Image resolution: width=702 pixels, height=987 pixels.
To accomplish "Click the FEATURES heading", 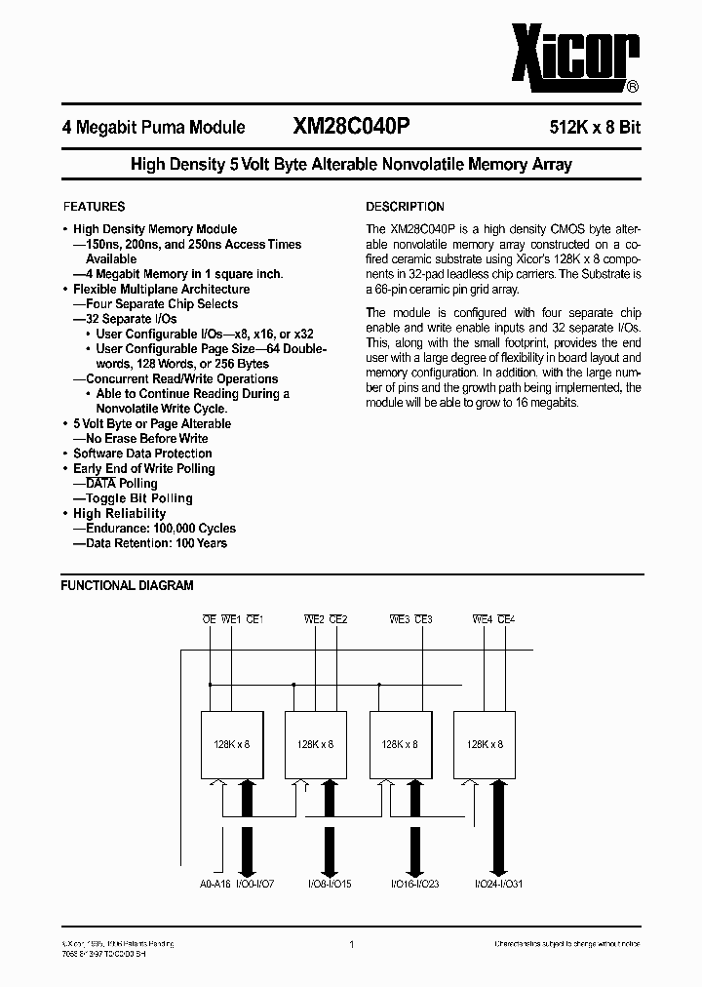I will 94,207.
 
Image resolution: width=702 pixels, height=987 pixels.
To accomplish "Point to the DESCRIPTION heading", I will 405,207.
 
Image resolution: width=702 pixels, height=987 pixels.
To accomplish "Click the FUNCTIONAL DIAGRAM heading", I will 127,586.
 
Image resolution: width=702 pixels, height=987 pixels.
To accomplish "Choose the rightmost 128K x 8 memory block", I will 485,743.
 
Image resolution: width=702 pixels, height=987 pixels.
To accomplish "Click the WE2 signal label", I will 314,619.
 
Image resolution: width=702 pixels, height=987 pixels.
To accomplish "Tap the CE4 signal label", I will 507,619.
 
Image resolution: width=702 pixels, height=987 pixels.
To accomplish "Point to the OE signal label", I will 209,619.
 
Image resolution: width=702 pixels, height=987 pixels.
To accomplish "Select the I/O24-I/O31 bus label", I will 500,883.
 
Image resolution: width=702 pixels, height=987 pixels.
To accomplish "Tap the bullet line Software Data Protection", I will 142,454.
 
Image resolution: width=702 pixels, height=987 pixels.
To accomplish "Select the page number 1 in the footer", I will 350,944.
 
